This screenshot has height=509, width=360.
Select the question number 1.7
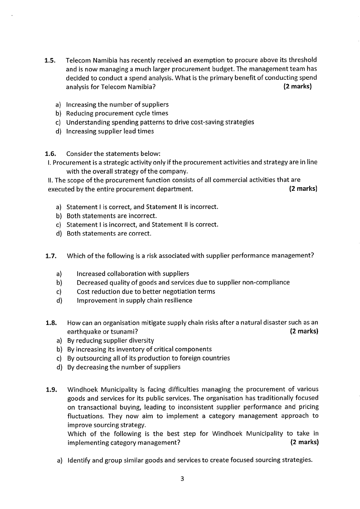point(50,256)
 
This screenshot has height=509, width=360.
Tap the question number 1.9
point(51,389)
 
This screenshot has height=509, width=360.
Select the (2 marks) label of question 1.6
point(303,189)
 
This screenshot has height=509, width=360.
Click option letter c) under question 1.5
point(58,122)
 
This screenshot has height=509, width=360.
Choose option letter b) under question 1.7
point(58,283)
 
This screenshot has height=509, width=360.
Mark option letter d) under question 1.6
point(58,234)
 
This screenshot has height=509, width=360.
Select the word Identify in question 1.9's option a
point(79,461)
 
